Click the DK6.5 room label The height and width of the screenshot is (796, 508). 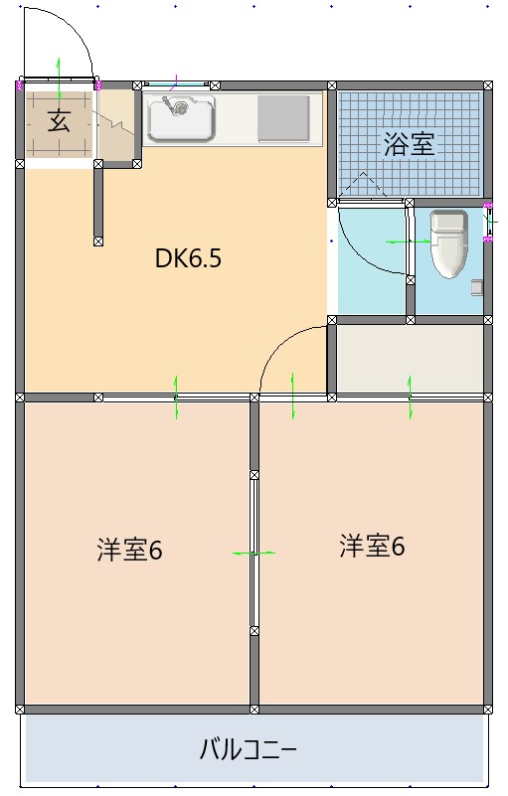[x=188, y=259]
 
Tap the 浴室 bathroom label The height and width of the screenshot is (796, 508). [x=409, y=144]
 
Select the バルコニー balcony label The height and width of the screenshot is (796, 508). [x=249, y=748]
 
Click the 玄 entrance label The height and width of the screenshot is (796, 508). [x=59, y=123]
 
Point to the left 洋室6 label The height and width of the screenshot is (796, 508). [x=129, y=550]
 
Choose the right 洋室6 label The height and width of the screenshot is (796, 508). [x=372, y=546]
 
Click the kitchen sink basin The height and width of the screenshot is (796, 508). [x=181, y=120]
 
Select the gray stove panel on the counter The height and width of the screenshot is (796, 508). [x=283, y=119]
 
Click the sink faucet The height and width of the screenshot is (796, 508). [x=179, y=103]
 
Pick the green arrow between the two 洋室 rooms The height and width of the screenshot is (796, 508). [x=254, y=553]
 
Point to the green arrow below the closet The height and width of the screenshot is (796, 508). [x=410, y=398]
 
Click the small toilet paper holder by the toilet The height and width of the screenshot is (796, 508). [x=477, y=288]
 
